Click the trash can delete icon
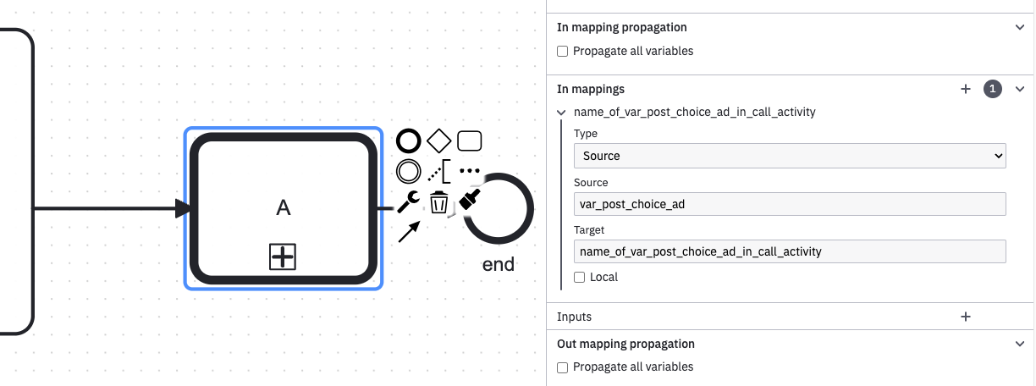438,202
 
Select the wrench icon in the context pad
408,202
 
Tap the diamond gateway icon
438,141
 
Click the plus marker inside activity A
283,257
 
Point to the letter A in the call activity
284,207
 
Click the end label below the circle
499,264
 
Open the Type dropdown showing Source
790,156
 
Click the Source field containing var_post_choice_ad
790,204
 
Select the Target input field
790,251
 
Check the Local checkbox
579,277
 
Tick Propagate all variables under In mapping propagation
562,52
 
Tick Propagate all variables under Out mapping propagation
562,367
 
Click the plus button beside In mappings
966,89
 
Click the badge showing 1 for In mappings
993,89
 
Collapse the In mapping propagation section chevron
1020,27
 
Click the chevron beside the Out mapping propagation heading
1020,344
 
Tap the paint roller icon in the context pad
470,200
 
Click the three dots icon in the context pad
470,171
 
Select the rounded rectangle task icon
470,141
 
